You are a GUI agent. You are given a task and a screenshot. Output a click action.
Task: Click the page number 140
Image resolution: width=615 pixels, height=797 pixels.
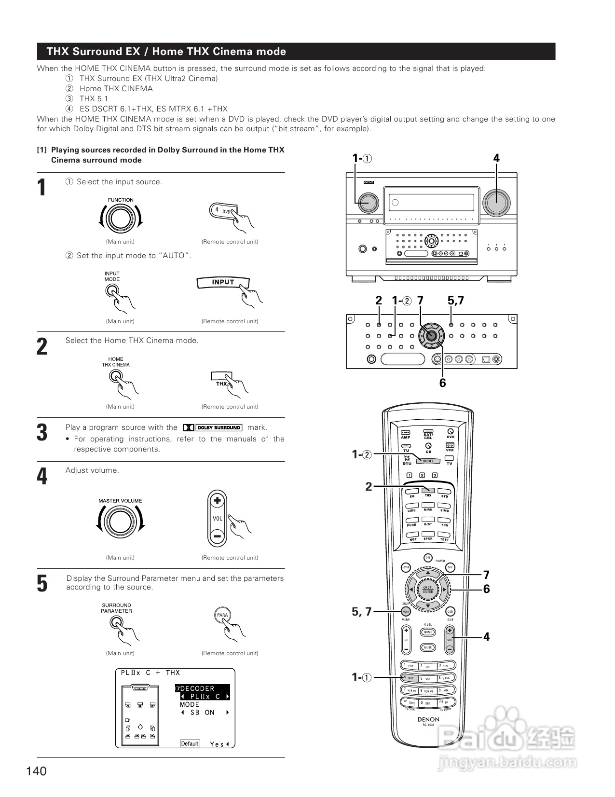tap(37, 771)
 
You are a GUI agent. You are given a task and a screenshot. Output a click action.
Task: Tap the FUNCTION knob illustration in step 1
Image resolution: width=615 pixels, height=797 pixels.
tap(121, 219)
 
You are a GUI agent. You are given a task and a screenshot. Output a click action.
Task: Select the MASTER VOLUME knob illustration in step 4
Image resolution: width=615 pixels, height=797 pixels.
tap(121, 522)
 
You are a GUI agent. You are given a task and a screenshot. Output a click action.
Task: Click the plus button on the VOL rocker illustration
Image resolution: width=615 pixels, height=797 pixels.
tap(217, 501)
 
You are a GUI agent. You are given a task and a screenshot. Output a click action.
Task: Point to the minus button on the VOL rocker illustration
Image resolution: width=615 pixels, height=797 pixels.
tap(217, 536)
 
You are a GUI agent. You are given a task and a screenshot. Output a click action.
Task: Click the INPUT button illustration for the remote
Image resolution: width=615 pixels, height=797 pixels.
tap(223, 282)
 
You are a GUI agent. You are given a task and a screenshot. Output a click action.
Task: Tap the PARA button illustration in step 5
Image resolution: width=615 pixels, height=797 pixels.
tap(222, 615)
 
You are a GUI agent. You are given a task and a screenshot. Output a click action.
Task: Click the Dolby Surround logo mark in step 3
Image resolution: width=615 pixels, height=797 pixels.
tap(213, 427)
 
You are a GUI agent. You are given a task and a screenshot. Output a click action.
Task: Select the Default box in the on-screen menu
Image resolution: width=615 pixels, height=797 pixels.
tap(190, 743)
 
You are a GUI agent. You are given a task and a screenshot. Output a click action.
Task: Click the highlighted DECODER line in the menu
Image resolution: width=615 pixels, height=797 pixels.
tap(202, 688)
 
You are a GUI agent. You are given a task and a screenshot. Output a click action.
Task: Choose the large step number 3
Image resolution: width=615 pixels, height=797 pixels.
tap(42, 432)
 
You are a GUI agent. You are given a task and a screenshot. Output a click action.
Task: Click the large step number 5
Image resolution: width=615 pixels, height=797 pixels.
tap(42, 583)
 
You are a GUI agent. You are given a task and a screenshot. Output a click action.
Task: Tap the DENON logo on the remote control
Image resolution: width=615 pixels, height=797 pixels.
tap(428, 719)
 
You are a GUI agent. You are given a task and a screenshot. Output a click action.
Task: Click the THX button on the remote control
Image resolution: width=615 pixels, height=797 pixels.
tap(428, 490)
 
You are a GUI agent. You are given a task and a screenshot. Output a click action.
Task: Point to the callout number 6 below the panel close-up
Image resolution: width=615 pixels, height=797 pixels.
tap(442, 383)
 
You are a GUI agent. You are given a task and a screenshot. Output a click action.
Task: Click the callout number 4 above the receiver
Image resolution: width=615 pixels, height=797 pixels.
tap(496, 158)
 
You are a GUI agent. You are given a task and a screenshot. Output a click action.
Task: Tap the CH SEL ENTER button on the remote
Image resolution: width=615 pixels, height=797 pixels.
tap(428, 590)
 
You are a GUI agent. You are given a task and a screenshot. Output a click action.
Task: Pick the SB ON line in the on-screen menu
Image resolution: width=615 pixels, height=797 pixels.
tap(202, 713)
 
